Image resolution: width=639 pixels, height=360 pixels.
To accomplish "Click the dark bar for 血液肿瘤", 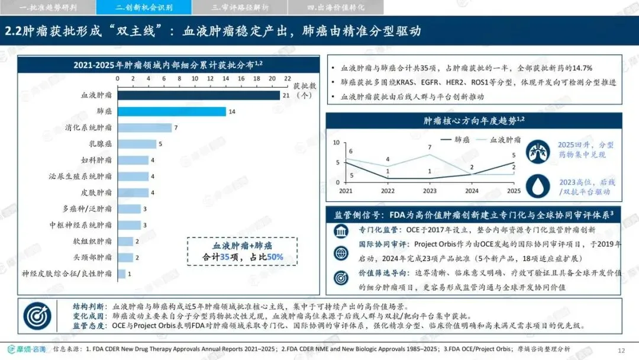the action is coord(199,95).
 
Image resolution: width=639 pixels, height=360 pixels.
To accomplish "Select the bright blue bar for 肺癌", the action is coord(172,111).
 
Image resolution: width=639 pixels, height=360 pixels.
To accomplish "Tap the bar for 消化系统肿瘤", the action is coord(145,128).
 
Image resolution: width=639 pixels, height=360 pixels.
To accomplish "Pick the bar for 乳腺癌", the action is coord(137,144).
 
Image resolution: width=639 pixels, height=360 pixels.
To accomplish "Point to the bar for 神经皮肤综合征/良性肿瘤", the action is coord(121,274).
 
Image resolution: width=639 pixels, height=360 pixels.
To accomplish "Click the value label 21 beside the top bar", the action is coord(286,95).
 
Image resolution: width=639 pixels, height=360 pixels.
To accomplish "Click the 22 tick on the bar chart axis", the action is coord(288,78).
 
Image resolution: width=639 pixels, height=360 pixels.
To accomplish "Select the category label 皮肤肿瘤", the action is coord(96,192).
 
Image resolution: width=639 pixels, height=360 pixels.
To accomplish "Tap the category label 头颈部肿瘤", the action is coord(92,257).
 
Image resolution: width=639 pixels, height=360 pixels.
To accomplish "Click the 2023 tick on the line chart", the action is coord(430,191).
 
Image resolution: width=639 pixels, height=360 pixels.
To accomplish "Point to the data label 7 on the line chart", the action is coord(430,147).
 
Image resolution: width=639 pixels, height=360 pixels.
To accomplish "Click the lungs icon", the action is coord(537,152).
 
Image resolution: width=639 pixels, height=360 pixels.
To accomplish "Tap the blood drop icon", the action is coord(537,186).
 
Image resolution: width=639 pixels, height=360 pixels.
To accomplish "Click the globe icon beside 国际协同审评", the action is coord(341,253).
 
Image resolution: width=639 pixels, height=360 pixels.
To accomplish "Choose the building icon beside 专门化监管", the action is coord(341,231).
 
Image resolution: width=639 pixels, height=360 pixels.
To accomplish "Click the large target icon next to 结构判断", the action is coord(37,316).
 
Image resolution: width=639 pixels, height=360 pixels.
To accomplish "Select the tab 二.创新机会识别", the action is coord(144,7).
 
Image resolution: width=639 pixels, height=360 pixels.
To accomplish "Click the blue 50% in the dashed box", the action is coord(275,257).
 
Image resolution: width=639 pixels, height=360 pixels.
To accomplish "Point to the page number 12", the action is coord(621,350).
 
